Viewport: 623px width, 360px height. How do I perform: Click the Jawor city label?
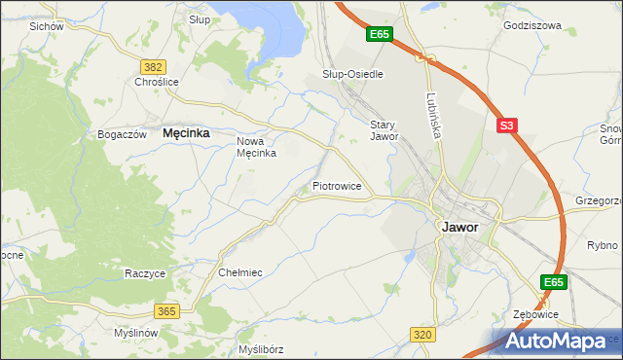pos(459,227)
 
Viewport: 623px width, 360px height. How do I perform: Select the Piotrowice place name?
pos(337,185)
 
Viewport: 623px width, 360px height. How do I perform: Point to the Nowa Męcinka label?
pos(258,147)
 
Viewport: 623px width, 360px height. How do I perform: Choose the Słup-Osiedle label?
pos(352,74)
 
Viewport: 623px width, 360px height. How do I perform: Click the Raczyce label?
pos(145,273)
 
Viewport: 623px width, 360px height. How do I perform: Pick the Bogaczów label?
pos(122,134)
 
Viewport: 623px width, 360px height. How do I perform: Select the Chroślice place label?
pos(157,83)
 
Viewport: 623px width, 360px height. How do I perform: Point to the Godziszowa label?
pos(532,26)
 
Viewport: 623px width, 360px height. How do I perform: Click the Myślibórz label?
pos(260,348)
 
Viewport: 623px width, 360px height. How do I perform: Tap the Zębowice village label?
pos(535,315)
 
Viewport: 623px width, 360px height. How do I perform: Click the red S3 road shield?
pos(506,126)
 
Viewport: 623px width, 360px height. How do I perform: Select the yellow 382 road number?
pos(152,66)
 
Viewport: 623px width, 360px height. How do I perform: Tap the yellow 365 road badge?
pos(165,310)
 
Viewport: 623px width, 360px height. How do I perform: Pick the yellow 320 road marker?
pos(421,335)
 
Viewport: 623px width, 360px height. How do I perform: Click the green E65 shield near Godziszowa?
pos(380,35)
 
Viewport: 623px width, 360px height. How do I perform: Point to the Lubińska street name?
pos(433,115)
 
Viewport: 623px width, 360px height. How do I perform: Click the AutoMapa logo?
pos(560,341)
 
